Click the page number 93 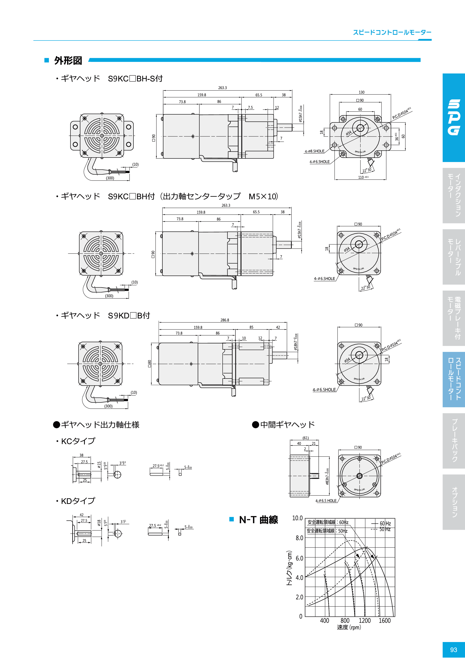(453, 649)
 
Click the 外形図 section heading (68, 61)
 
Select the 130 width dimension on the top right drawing (361, 92)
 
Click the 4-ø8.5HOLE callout (314, 151)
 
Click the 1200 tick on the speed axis (365, 620)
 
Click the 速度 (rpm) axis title (349, 627)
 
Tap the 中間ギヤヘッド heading (287, 424)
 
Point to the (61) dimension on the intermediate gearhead (306, 438)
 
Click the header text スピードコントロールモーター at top (392, 32)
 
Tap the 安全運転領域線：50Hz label (327, 531)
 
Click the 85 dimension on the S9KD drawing (251, 327)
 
